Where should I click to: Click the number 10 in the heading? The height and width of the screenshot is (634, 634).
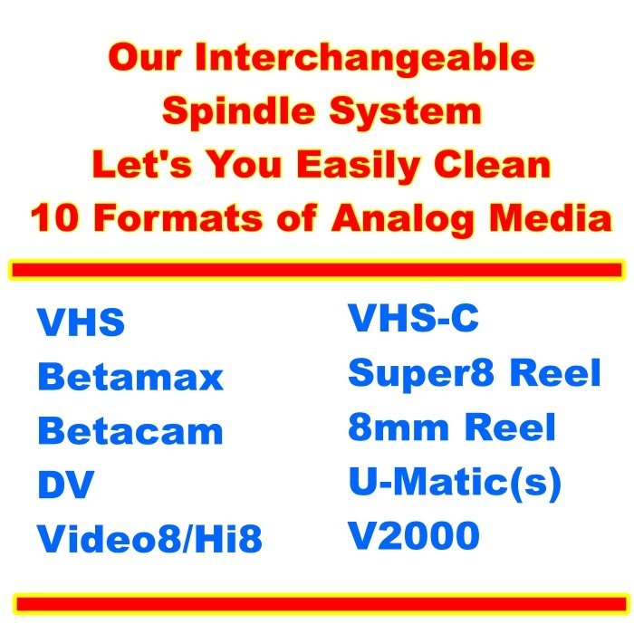54,219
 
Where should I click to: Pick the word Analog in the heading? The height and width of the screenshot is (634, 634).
414,219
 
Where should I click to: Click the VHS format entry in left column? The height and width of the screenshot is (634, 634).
81,323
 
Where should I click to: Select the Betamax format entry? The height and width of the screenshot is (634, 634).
130,377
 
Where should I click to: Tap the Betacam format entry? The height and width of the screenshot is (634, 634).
130,431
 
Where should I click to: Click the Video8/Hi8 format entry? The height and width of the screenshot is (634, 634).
149,540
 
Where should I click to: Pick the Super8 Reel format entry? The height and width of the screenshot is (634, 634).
475,373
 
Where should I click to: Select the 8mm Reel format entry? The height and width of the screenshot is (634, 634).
452,427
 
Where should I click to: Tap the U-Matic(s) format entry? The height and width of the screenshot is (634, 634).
455,483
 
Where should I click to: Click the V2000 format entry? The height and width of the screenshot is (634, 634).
414,537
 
